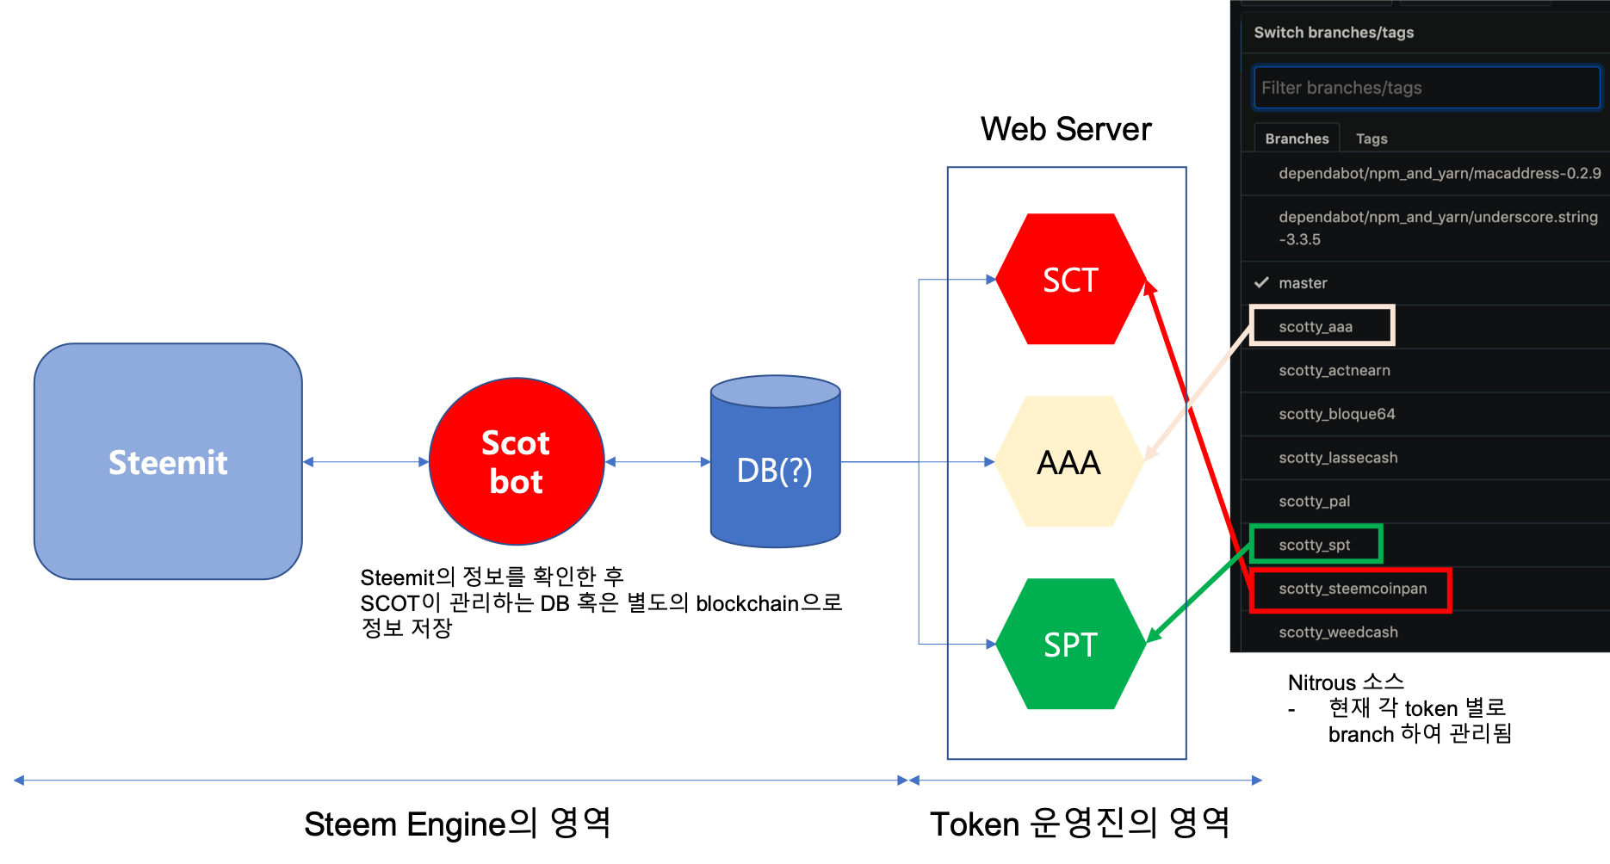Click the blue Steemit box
pyautogui.click(x=168, y=462)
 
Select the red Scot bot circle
pyautogui.click(x=517, y=462)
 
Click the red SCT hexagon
pyautogui.click(x=1070, y=280)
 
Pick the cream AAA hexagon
pyautogui.click(x=1068, y=462)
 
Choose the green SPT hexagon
pyautogui.click(x=1070, y=645)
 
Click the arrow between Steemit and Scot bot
pyautogui.click(x=366, y=462)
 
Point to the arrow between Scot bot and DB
pyautogui.click(x=657, y=462)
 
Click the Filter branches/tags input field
pyautogui.click(x=1426, y=88)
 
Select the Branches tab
pyautogui.click(x=1297, y=139)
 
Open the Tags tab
pyautogui.click(x=1372, y=139)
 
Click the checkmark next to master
pyautogui.click(x=1261, y=282)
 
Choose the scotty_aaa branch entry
pyautogui.click(x=1316, y=327)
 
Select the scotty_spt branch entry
pyautogui.click(x=1315, y=545)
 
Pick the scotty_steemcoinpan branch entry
pyautogui.click(x=1353, y=589)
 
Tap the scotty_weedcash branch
pyautogui.click(x=1338, y=633)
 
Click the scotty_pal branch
pyautogui.click(x=1315, y=502)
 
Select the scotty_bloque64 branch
pyautogui.click(x=1337, y=414)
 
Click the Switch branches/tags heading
pyautogui.click(x=1334, y=33)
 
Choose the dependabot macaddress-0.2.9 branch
pyautogui.click(x=1440, y=174)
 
